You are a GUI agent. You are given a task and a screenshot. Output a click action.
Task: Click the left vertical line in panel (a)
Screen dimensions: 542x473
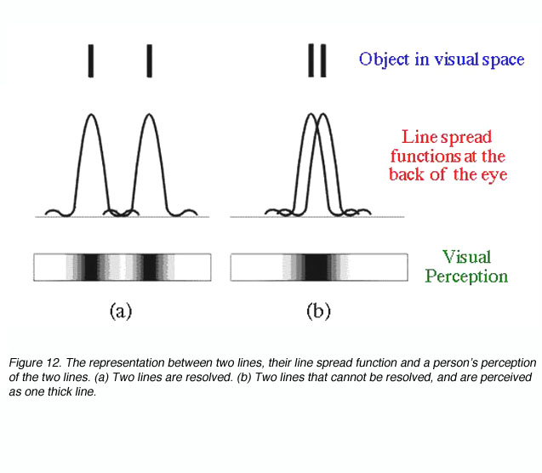pyautogui.click(x=91, y=60)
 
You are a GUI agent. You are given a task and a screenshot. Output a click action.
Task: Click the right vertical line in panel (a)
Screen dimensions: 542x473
pyautogui.click(x=150, y=60)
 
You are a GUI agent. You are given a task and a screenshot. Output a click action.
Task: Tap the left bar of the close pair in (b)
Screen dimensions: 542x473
pyautogui.click(x=311, y=60)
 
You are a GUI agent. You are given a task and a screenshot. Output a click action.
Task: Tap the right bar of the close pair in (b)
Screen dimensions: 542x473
pyautogui.click(x=323, y=60)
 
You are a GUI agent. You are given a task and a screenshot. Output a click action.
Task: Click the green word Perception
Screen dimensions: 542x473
pyautogui.click(x=466, y=276)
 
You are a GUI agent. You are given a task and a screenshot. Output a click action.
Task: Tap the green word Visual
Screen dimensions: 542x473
pyautogui.click(x=466, y=257)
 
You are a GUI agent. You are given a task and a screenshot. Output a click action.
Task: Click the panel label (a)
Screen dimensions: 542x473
pyautogui.click(x=121, y=311)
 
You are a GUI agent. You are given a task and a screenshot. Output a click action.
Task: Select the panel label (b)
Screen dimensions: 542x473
pyautogui.click(x=318, y=311)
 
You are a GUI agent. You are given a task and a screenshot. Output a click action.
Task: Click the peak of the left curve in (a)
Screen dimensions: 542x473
pyautogui.click(x=91, y=114)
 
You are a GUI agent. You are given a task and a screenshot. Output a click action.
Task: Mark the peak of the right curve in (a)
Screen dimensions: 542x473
pyautogui.click(x=150, y=114)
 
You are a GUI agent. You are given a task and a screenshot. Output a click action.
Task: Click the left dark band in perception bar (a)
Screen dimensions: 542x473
pyautogui.click(x=91, y=267)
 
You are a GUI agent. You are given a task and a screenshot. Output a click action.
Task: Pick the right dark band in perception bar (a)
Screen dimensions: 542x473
pyautogui.click(x=150, y=267)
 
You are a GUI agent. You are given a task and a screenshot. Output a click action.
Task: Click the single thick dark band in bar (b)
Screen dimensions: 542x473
pyautogui.click(x=317, y=267)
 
